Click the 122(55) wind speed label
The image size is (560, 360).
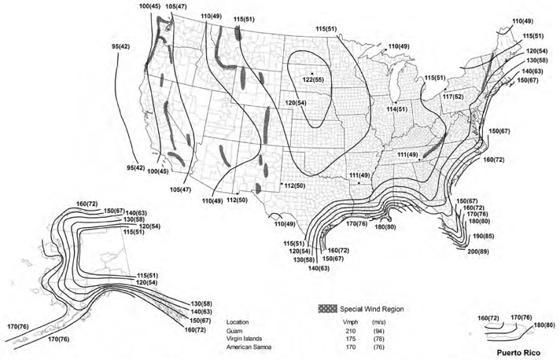click(315, 80)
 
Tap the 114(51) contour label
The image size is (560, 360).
click(396, 108)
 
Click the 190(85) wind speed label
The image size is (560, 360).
click(483, 235)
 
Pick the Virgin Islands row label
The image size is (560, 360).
click(244, 339)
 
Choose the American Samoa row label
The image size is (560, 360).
click(249, 347)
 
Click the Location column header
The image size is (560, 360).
click(239, 321)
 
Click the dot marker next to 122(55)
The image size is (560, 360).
click(312, 73)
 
